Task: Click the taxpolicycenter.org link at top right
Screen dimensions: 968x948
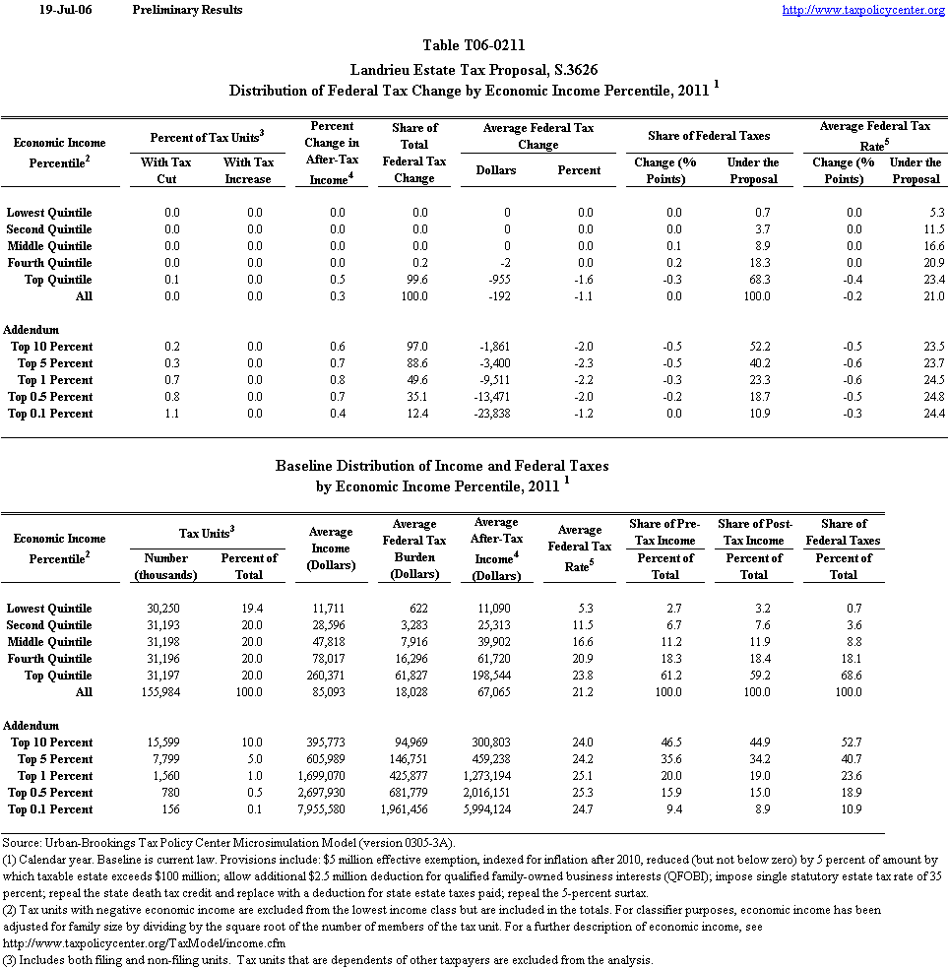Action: pos(863,10)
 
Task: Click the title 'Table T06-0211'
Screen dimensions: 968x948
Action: pos(474,45)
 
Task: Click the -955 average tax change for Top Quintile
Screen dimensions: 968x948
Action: pos(502,280)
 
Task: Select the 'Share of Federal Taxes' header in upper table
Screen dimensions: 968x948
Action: pos(709,135)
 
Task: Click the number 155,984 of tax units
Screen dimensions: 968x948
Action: pos(165,692)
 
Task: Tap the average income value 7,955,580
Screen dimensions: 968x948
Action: pos(331,809)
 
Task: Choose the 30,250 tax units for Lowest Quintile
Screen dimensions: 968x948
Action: pos(165,609)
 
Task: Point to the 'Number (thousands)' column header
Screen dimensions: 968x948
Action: pos(165,566)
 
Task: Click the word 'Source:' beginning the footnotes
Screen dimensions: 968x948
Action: pos(22,843)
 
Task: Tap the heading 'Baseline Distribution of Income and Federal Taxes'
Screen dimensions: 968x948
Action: pos(442,466)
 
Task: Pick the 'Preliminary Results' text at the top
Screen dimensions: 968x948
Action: pos(187,10)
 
